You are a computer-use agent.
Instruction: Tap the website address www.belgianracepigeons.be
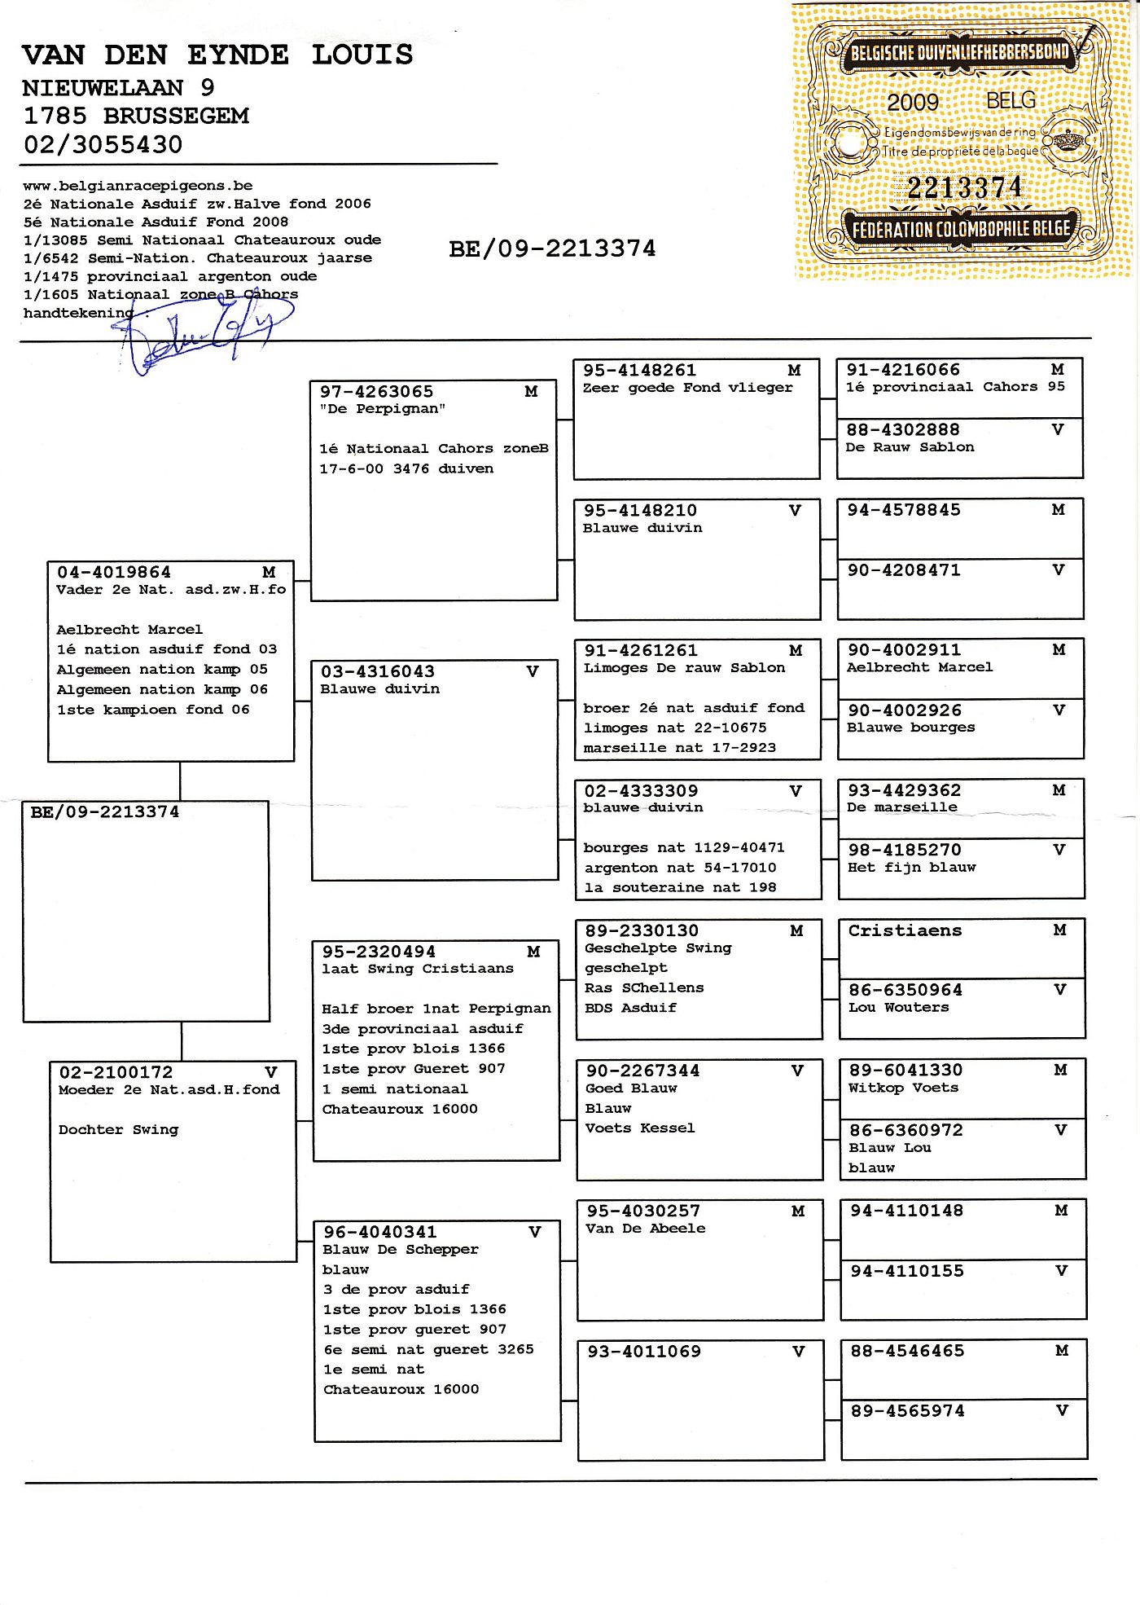(x=138, y=186)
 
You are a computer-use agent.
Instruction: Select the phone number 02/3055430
(x=103, y=145)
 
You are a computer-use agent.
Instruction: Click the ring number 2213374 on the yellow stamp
(x=963, y=188)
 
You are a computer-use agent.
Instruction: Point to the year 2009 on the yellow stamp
(x=912, y=103)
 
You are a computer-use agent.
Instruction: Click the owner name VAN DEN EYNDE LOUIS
(x=217, y=55)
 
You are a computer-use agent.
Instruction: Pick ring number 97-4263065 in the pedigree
(x=376, y=392)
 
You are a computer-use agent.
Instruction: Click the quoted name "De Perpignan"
(x=382, y=409)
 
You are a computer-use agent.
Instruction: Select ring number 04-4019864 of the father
(x=114, y=573)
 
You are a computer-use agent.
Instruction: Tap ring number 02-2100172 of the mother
(x=116, y=1073)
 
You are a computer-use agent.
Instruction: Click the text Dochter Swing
(x=118, y=1130)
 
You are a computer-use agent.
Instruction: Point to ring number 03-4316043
(x=378, y=672)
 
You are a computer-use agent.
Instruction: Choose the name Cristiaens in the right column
(x=905, y=930)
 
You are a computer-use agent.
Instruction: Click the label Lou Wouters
(x=898, y=1008)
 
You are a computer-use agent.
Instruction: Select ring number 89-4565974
(x=907, y=1411)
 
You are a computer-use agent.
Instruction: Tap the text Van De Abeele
(x=645, y=1229)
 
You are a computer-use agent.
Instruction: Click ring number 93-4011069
(x=644, y=1352)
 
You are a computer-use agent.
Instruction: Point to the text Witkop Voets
(x=903, y=1088)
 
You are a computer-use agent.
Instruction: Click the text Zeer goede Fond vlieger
(x=687, y=388)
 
